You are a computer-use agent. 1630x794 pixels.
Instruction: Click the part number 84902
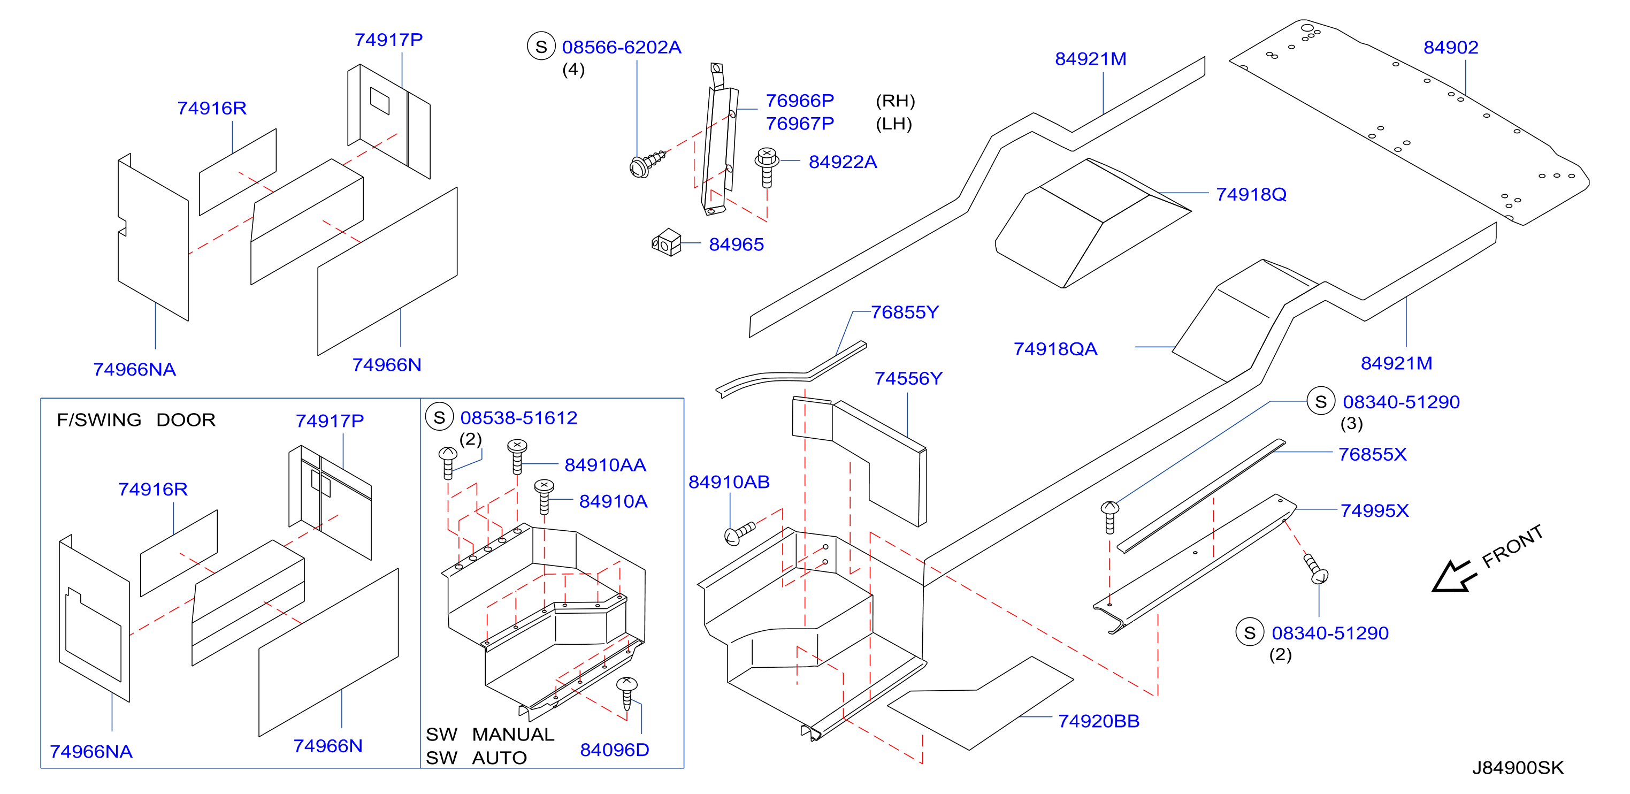(1450, 48)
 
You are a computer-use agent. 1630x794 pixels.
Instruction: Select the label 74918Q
(1251, 194)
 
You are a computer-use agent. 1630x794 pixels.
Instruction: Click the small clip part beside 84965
(667, 242)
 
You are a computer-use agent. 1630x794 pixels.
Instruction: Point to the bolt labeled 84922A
(767, 167)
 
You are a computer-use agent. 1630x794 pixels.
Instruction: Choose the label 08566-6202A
(622, 48)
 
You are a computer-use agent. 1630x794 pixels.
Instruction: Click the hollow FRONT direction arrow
(1453, 576)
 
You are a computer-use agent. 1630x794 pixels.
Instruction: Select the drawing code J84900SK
(1517, 767)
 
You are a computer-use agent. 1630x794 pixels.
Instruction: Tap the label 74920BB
(1098, 721)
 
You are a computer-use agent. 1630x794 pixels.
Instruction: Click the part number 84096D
(615, 750)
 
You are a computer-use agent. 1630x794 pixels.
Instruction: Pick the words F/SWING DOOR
(136, 419)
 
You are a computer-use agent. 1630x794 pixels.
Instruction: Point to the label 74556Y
(908, 378)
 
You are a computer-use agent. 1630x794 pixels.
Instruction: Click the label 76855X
(1372, 454)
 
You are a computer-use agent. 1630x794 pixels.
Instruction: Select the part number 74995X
(1374, 510)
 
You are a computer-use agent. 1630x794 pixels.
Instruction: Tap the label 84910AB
(729, 482)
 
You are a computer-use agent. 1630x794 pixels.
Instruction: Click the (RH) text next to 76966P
(896, 101)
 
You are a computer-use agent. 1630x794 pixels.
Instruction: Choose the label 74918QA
(1055, 349)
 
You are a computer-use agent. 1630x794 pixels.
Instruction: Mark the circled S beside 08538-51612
(440, 417)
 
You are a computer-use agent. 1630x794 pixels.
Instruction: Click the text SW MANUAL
(490, 734)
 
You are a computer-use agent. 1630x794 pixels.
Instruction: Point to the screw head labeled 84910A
(544, 486)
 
